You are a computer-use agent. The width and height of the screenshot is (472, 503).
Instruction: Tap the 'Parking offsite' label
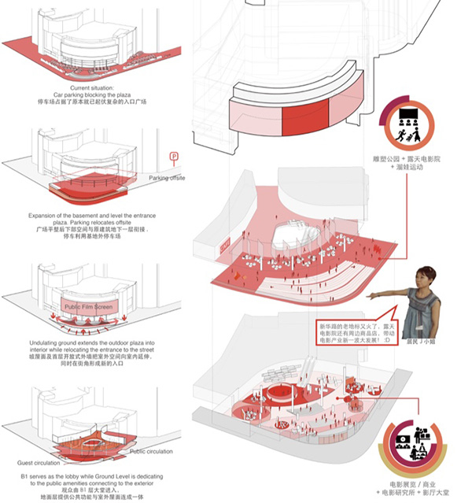click(167, 178)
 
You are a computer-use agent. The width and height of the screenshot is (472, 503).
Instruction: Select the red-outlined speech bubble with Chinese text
click(354, 331)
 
